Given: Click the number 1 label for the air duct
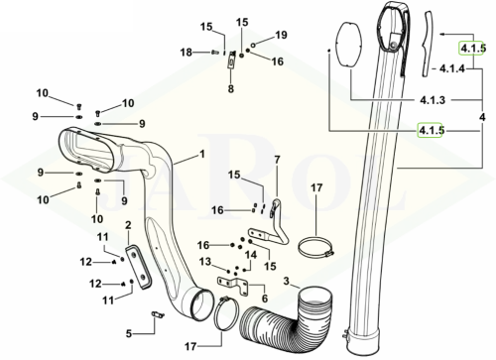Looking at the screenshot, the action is pyautogui.click(x=202, y=155).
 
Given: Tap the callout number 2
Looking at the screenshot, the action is pyautogui.click(x=128, y=225).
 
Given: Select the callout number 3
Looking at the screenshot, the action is pyautogui.click(x=287, y=282).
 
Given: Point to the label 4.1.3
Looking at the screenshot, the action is pyautogui.click(x=433, y=100).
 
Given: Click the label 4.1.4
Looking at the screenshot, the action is pyautogui.click(x=452, y=68).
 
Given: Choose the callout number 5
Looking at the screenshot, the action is pyautogui.click(x=129, y=333).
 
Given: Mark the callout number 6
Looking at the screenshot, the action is pyautogui.click(x=265, y=299).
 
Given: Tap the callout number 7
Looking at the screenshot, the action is pyautogui.click(x=277, y=160).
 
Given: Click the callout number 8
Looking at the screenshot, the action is pyautogui.click(x=231, y=88).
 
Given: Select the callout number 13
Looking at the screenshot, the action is pyautogui.click(x=205, y=262).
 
